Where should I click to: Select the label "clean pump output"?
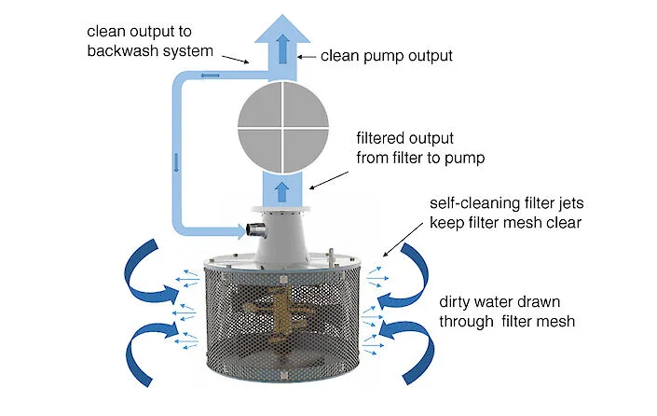click(387, 55)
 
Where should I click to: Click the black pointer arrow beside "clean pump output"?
click(305, 57)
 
